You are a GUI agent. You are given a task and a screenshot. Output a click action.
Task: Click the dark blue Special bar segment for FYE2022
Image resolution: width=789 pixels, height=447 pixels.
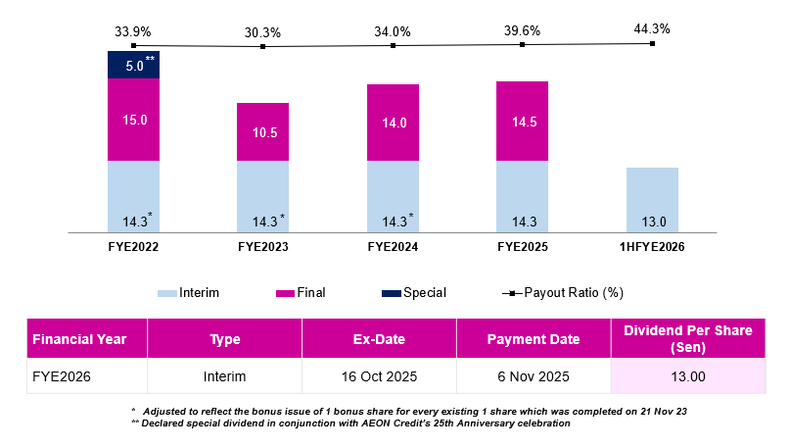point(133,65)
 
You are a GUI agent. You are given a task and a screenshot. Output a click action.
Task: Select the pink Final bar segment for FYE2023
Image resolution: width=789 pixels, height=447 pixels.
point(262,132)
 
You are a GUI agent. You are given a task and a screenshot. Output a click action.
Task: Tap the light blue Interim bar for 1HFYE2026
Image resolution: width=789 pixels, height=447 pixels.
point(652,200)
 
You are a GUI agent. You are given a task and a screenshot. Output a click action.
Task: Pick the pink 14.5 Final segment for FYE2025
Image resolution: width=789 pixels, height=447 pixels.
point(522,121)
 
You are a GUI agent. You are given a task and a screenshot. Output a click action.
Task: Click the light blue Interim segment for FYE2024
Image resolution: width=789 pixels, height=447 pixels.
point(393,196)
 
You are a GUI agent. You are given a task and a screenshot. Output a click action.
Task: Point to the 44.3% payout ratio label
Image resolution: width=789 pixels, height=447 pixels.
point(652,29)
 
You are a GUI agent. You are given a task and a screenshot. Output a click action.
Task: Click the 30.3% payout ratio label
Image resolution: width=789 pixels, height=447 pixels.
point(262,31)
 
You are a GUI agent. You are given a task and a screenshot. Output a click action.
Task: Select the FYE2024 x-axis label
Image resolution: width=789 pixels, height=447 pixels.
point(393,247)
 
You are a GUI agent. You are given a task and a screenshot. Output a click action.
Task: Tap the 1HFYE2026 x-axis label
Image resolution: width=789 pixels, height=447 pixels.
point(652,247)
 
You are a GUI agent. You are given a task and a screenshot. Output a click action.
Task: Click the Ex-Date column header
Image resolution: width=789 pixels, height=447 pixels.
point(379,339)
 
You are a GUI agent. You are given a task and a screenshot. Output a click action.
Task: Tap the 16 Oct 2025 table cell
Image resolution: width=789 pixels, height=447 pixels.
point(379,375)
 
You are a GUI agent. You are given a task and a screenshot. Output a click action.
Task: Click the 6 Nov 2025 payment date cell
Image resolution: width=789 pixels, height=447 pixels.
point(533,375)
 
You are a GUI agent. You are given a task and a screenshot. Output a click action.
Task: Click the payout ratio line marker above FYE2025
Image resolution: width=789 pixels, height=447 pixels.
point(522,44)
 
